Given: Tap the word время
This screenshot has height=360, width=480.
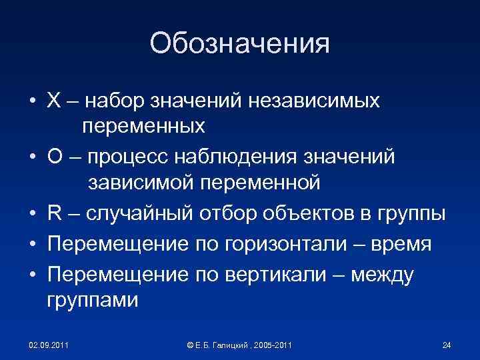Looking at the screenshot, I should [399, 244].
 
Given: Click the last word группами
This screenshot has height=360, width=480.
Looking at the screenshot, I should [93, 301].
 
